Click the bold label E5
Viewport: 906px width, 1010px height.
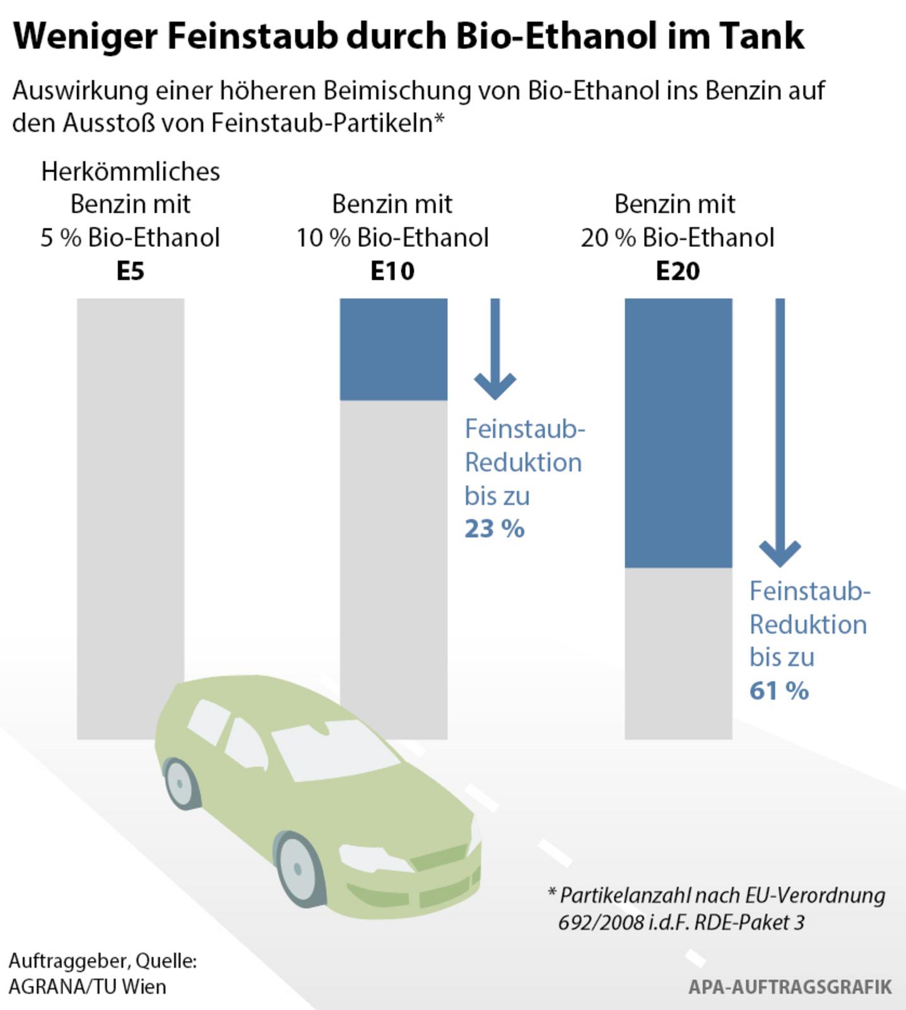131,271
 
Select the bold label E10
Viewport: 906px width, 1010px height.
392,271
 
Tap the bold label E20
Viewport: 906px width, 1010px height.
678,271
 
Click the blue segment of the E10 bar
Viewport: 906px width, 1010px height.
394,349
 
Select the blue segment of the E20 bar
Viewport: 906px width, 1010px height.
678,432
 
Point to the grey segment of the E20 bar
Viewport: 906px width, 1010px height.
678,653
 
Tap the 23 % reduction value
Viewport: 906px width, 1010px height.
495,529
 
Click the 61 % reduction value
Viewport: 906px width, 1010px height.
779,691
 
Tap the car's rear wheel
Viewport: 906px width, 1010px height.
180,783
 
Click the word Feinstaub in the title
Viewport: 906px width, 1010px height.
252,36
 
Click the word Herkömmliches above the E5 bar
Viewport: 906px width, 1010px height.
131,172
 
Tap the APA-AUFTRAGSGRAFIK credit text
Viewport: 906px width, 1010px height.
790,987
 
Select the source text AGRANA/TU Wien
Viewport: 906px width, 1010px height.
88,987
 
